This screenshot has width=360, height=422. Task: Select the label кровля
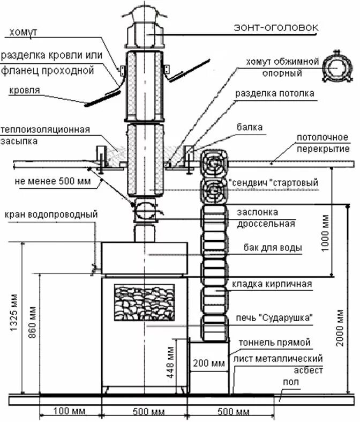(x=24, y=90)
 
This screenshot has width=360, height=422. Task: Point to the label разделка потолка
(x=274, y=93)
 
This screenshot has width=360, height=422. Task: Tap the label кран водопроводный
(x=51, y=214)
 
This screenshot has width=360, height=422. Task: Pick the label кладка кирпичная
(x=272, y=283)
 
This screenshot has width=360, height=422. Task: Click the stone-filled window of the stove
(x=145, y=303)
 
